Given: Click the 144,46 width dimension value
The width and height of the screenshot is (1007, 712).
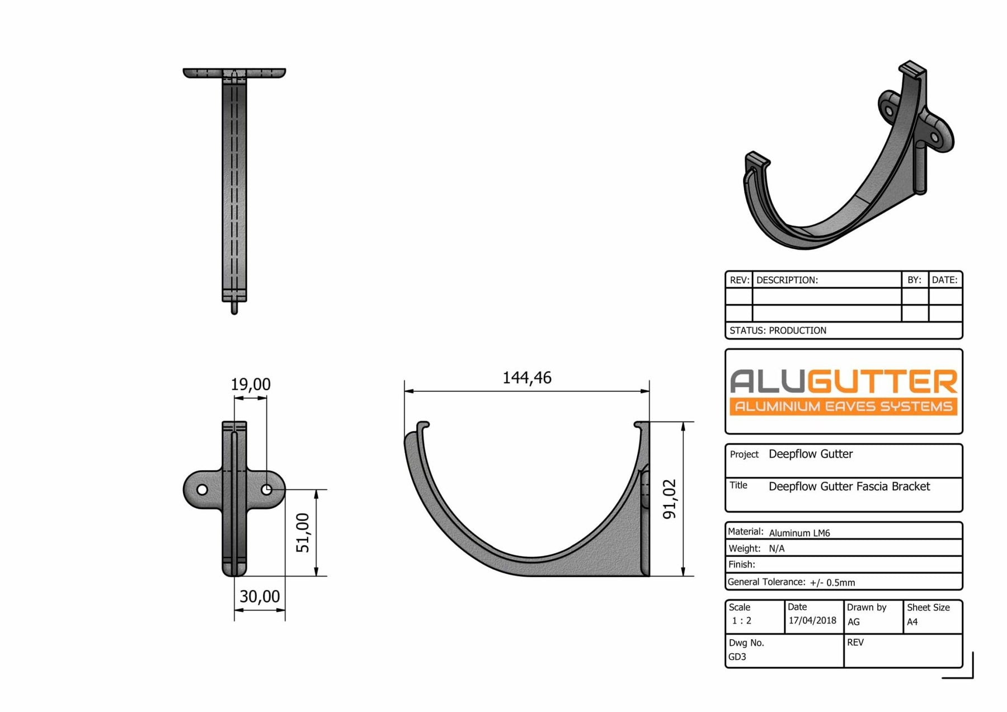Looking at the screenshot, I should [526, 378].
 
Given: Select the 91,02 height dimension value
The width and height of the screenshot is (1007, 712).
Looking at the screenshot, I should [670, 499].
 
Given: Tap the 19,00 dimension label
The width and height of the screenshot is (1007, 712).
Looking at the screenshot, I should [250, 385].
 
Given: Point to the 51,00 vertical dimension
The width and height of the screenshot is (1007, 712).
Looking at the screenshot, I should [303, 533].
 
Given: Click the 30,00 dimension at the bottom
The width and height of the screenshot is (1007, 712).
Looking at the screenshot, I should [260, 597].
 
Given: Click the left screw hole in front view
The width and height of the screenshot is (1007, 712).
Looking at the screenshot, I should [202, 490].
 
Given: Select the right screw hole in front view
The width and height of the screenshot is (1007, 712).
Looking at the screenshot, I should [267, 490].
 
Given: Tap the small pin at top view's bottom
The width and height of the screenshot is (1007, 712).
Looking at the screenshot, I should [234, 308].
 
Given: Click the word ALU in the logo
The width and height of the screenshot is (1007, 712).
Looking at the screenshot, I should [767, 382].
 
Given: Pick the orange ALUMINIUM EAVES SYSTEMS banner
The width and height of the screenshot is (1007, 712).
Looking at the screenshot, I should [843, 406].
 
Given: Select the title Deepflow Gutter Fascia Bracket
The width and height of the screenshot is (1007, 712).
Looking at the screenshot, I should [849, 486].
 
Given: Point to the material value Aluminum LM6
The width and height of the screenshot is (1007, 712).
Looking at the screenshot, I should [799, 533].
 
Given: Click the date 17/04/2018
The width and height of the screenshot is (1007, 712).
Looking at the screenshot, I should [812, 620].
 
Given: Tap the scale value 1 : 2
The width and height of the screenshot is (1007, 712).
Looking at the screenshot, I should [741, 621].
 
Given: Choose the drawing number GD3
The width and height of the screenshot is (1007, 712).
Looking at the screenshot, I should [737, 657].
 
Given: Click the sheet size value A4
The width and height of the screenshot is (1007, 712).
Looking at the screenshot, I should [912, 622].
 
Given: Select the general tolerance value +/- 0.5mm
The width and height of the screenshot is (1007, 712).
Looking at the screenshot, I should [832, 583].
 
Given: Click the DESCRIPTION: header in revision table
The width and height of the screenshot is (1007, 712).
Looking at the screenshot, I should [787, 280].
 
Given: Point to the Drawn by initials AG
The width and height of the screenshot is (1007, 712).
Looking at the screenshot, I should [853, 622].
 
